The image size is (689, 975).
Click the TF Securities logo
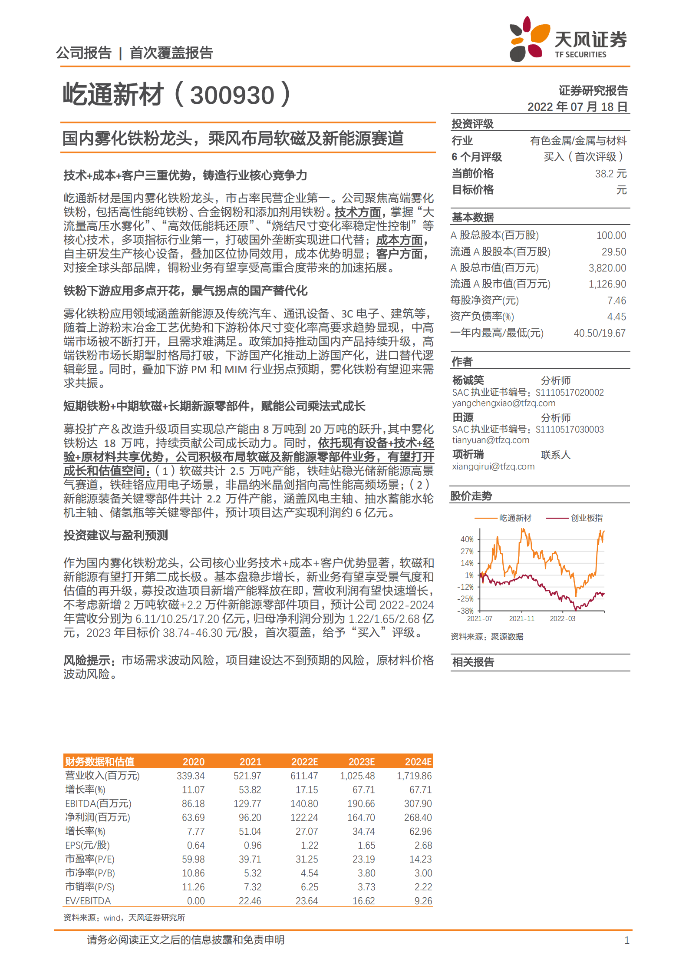568,40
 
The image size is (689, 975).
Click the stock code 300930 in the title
232,95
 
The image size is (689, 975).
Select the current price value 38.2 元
610,174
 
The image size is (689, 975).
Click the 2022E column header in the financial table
304,762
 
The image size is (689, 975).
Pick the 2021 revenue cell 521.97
247,776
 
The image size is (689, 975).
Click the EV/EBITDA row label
88,901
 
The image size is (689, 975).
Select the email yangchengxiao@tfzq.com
504,403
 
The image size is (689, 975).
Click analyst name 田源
463,417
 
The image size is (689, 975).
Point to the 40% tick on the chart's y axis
467,539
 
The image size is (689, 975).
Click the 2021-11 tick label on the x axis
521,618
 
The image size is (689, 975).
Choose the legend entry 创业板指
586,518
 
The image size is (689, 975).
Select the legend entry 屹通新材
515,518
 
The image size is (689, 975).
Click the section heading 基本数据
472,217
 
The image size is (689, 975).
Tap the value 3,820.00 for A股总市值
607,268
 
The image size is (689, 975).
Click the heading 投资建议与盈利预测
115,535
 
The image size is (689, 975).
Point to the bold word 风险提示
89,660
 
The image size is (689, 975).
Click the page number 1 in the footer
626,940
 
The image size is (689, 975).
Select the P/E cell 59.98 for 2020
193,859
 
